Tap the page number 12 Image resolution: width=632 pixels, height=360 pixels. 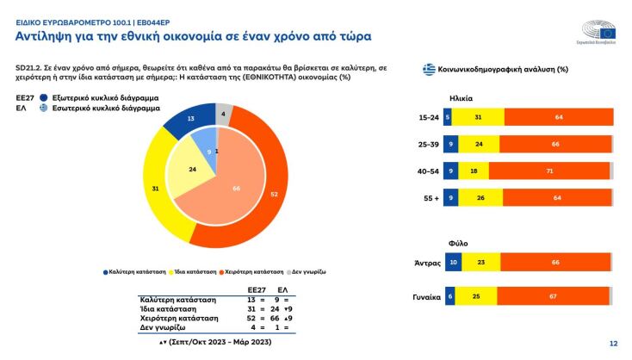613,344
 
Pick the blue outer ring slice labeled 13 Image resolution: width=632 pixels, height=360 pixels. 189,119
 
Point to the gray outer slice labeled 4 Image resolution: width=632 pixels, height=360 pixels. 223,113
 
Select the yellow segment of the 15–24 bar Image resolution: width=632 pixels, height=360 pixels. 477,116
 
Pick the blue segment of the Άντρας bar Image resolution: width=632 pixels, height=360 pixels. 452,260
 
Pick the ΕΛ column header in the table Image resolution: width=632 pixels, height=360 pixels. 294,289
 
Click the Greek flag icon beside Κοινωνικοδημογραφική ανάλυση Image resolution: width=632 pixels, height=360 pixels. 428,69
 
